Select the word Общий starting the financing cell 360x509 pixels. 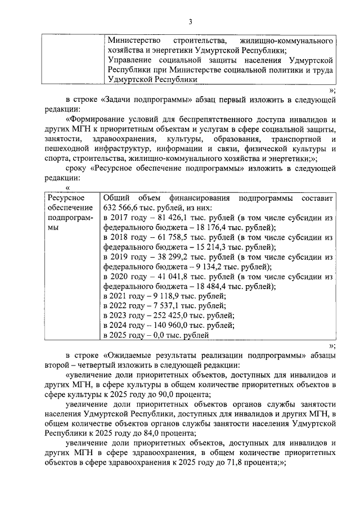click(116, 198)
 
